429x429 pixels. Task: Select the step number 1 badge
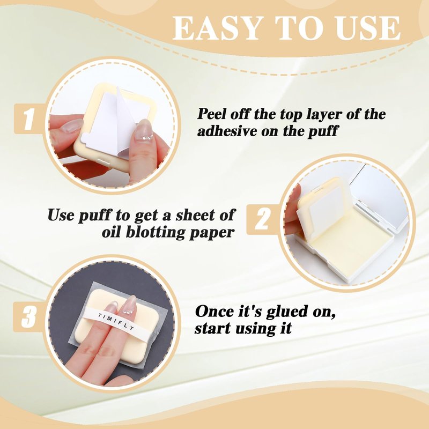coord(29,119)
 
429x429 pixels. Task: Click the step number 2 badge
coord(262,219)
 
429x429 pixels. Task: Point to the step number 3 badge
coord(28,317)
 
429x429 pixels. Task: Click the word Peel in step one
coord(212,114)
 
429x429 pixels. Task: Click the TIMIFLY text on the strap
coord(116,322)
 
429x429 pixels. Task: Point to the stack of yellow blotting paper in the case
coord(353,243)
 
